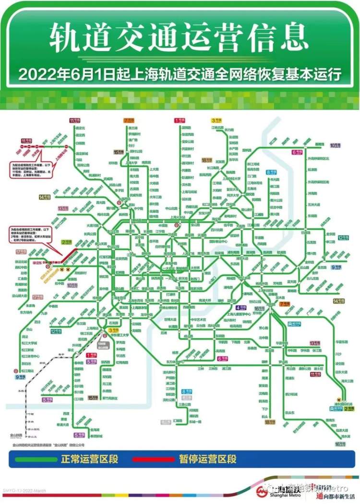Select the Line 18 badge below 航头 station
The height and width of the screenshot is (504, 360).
(270, 422)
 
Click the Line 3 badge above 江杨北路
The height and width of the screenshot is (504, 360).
(216, 120)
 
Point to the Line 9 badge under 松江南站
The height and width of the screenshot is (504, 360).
(21, 377)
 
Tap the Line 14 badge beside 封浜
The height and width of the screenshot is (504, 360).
(46, 197)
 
